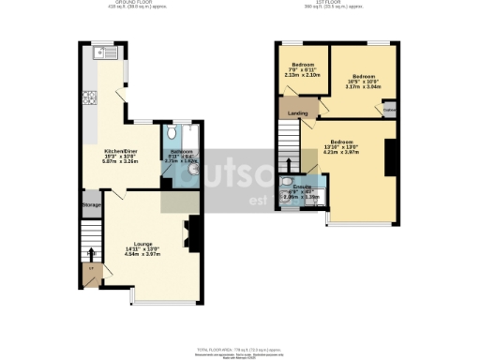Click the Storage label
pos(91,204)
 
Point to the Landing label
pos(299,113)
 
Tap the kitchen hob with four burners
pos(93,97)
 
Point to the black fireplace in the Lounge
pos(194,230)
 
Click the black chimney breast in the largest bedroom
pos(391,154)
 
